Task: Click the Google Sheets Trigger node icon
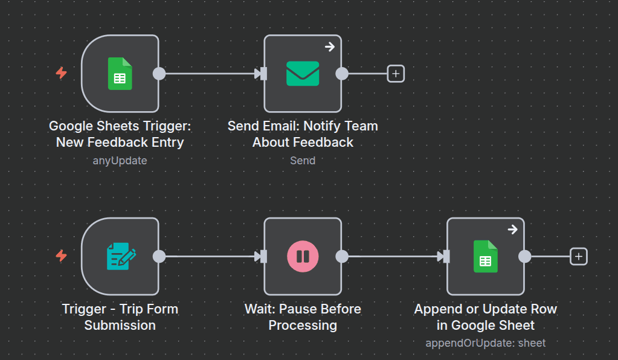[x=120, y=74]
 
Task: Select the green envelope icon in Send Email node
[x=303, y=74]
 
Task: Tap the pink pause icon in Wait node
[x=303, y=257]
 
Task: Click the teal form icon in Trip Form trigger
[x=121, y=256]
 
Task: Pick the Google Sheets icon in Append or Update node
[x=485, y=256]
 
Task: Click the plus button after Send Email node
[x=396, y=74]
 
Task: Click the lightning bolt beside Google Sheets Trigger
[x=61, y=73]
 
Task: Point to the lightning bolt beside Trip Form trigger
[x=61, y=256]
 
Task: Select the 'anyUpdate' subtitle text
[x=120, y=161]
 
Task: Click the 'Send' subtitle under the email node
[x=303, y=161]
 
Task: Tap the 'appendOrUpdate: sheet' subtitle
[x=485, y=343]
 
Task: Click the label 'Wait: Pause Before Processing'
[x=303, y=317]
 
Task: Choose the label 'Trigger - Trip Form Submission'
[x=120, y=317]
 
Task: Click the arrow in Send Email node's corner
[x=330, y=47]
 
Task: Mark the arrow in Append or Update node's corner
[x=512, y=230]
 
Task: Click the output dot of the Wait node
[x=342, y=257]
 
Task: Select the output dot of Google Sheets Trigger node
[x=159, y=74]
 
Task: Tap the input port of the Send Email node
[x=263, y=74]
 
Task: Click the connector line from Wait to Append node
[x=393, y=257]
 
